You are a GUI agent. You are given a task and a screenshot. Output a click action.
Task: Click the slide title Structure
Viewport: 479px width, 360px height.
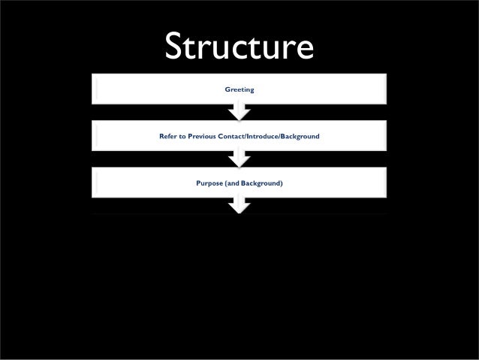(239, 47)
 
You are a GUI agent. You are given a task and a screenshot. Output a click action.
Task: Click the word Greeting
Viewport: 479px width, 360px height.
(239, 89)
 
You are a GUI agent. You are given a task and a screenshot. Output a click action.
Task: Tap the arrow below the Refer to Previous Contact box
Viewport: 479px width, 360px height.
(239, 159)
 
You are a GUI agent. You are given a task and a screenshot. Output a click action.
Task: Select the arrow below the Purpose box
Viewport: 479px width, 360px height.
(239, 204)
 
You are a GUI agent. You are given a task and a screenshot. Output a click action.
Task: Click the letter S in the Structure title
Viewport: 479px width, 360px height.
(173, 47)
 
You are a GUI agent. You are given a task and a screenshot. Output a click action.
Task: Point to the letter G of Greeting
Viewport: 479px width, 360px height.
(227, 89)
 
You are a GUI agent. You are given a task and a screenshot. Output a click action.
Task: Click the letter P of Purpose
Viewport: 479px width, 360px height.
(198, 183)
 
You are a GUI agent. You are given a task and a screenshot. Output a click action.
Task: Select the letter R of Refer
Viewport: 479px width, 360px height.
(161, 136)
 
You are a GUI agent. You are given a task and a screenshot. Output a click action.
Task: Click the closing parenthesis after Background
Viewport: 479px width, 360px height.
(282, 183)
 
